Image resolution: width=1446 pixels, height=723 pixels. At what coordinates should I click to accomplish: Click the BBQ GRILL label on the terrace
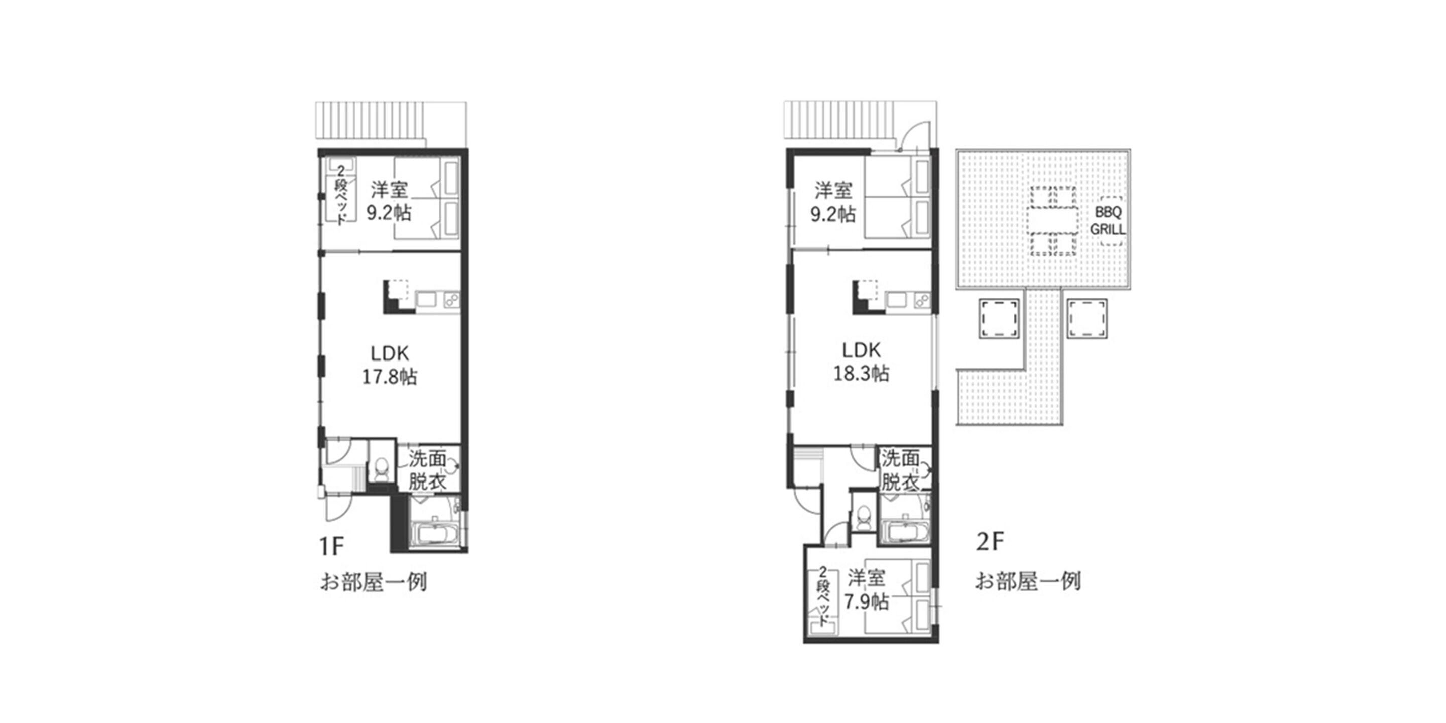point(1108,221)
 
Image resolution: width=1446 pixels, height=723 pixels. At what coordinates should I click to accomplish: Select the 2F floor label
point(989,542)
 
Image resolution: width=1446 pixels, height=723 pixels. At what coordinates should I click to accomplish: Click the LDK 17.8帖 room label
point(390,365)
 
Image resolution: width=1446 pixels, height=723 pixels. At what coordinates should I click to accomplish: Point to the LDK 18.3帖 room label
point(861,361)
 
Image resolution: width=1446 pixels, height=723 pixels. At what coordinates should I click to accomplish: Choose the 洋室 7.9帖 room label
point(866,589)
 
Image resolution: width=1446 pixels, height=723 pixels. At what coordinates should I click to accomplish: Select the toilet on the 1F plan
point(382,469)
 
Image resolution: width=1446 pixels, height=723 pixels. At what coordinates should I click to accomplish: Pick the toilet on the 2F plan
point(865,517)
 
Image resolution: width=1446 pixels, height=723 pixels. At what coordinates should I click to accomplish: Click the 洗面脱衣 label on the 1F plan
point(427,470)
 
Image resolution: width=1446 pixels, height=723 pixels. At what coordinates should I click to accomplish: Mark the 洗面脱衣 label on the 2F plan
point(900,469)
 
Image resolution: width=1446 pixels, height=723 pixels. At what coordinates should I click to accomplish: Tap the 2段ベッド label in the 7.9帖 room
point(822,596)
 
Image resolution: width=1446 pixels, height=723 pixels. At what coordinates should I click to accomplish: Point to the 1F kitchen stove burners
point(451,300)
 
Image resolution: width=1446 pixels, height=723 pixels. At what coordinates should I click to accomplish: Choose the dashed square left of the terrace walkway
point(999,318)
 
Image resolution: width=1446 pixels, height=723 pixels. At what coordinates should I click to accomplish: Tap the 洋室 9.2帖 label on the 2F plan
point(833,202)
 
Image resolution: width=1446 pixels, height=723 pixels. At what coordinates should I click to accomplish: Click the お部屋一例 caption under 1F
point(373,582)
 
